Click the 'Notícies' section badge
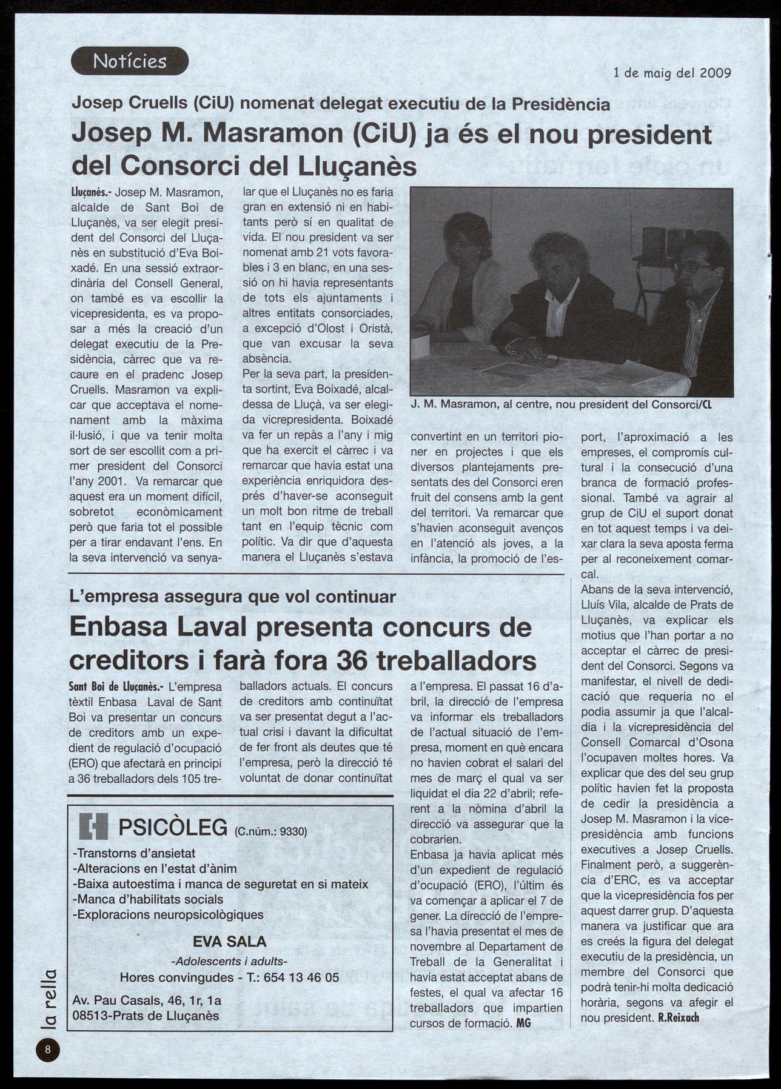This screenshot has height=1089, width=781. (130, 61)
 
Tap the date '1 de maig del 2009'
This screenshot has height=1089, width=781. (672, 73)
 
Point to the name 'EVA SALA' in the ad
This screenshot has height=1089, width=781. (229, 941)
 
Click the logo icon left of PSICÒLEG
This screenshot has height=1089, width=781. (93, 827)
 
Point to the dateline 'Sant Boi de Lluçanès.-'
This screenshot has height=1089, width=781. (116, 687)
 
